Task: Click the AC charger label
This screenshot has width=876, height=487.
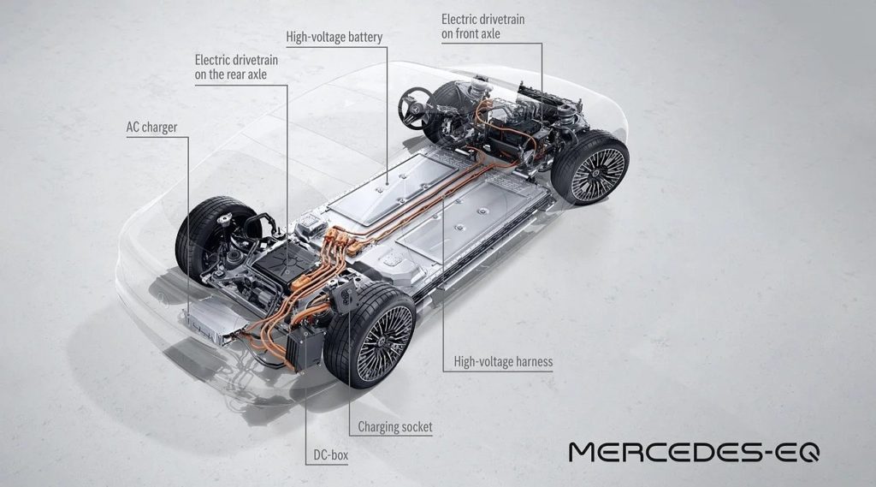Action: (151, 128)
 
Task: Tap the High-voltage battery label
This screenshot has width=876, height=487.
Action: (334, 38)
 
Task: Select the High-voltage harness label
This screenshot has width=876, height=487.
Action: (503, 362)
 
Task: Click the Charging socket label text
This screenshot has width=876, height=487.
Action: (395, 427)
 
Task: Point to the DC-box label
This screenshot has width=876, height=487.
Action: (330, 455)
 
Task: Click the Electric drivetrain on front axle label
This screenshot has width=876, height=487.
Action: (482, 27)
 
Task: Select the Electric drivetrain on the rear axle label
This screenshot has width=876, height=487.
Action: (236, 67)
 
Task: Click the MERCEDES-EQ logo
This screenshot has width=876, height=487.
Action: (694, 452)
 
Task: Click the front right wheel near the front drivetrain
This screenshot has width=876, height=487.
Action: (590, 167)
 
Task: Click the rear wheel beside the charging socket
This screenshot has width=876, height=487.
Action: (370, 335)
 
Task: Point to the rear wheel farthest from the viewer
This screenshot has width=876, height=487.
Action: (210, 238)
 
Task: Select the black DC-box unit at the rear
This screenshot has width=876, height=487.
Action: (305, 348)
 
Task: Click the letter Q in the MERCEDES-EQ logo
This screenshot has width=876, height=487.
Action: (806, 452)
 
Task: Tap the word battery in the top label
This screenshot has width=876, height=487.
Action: (362, 38)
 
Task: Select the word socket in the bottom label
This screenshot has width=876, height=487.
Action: (415, 427)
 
